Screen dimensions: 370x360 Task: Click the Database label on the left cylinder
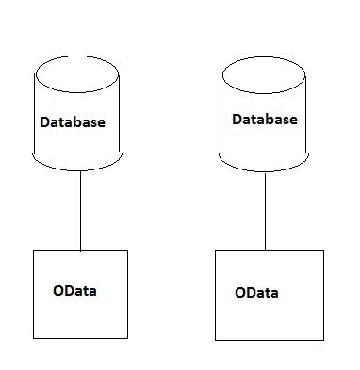73,122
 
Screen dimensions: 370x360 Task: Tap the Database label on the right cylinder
264,120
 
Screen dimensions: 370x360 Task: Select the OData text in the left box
74,290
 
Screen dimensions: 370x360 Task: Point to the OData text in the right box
256,293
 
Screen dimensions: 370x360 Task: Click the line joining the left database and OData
80,212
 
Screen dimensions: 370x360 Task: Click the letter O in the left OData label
58,290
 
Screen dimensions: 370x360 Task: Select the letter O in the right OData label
240,293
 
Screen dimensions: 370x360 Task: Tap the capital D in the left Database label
45,122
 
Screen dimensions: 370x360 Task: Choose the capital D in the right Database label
237,120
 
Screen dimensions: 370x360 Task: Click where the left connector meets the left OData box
80,250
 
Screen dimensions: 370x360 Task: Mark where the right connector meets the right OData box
265,250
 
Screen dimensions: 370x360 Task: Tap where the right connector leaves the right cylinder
265,167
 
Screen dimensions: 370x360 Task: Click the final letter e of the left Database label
101,123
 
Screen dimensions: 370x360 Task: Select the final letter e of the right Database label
292,121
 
